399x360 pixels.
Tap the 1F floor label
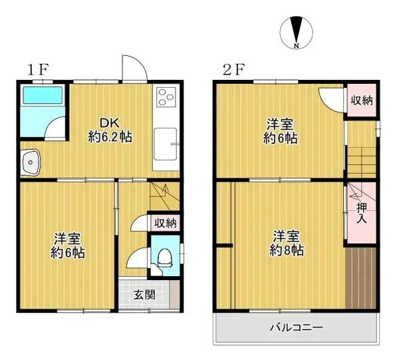point(37,69)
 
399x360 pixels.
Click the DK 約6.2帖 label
point(110,130)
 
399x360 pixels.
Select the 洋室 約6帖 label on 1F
point(68,246)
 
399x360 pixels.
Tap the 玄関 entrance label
point(140,294)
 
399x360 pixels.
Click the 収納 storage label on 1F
point(165,223)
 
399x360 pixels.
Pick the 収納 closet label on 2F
point(361,100)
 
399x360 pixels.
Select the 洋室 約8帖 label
point(287,244)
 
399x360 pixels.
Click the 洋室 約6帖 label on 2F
point(281,131)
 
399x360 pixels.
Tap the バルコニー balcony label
point(295,327)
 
